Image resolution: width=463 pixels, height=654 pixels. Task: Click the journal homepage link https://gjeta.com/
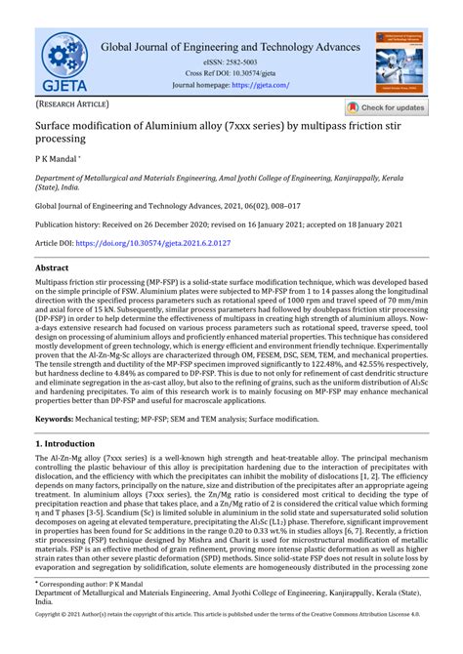(261, 85)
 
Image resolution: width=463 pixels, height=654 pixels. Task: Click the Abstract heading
(52, 266)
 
